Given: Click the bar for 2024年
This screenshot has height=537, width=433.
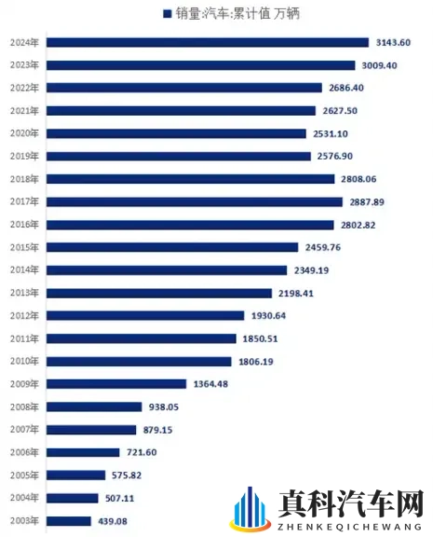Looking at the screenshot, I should tap(207, 42).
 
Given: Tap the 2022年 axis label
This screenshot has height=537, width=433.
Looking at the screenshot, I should tap(22, 88).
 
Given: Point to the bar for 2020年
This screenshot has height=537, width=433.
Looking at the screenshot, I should tap(176, 133).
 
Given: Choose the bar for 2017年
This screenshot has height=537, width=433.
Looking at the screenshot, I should tap(191, 201).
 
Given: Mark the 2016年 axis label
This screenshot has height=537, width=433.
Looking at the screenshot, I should tap(22, 225).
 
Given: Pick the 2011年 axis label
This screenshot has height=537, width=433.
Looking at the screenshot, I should tap(22, 338).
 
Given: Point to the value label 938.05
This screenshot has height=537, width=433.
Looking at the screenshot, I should tap(161, 406).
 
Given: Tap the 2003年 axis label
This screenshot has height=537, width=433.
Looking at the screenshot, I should tap(22, 521).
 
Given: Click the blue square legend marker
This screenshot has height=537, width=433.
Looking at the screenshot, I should tap(167, 14).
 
